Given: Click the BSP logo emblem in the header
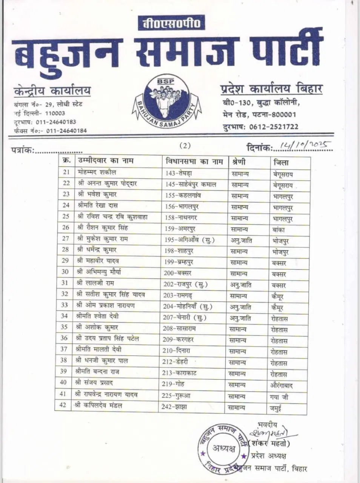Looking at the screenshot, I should [166, 100].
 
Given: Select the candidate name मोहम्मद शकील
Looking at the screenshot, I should [97, 172].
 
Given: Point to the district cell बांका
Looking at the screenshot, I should [278, 229].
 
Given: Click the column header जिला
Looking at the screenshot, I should [281, 162].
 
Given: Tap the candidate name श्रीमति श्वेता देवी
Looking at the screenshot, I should [99, 316].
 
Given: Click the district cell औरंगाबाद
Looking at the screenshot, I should [282, 386].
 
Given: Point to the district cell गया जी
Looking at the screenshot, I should [279, 397].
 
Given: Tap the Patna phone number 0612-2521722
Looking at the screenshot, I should [274, 127].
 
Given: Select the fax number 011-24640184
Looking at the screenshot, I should [66, 131].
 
